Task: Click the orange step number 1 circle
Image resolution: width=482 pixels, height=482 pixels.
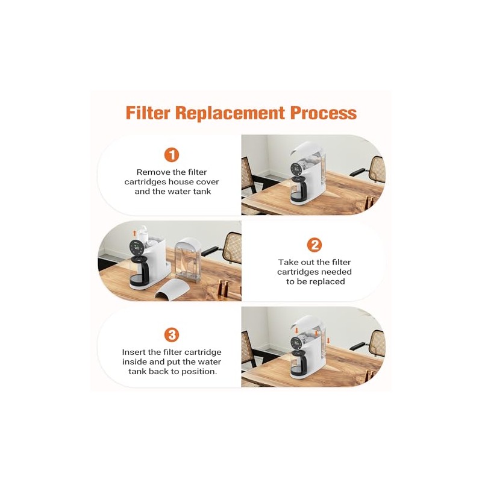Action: pos(172,155)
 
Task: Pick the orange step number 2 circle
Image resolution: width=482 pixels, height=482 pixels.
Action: pos(314,245)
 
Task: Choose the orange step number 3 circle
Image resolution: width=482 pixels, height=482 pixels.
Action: pos(172,335)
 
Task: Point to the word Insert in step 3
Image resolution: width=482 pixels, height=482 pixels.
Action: pos(136,352)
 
